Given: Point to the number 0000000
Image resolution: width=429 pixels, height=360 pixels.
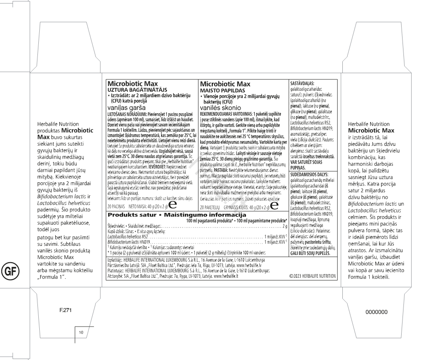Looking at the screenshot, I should click(x=374, y=311).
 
